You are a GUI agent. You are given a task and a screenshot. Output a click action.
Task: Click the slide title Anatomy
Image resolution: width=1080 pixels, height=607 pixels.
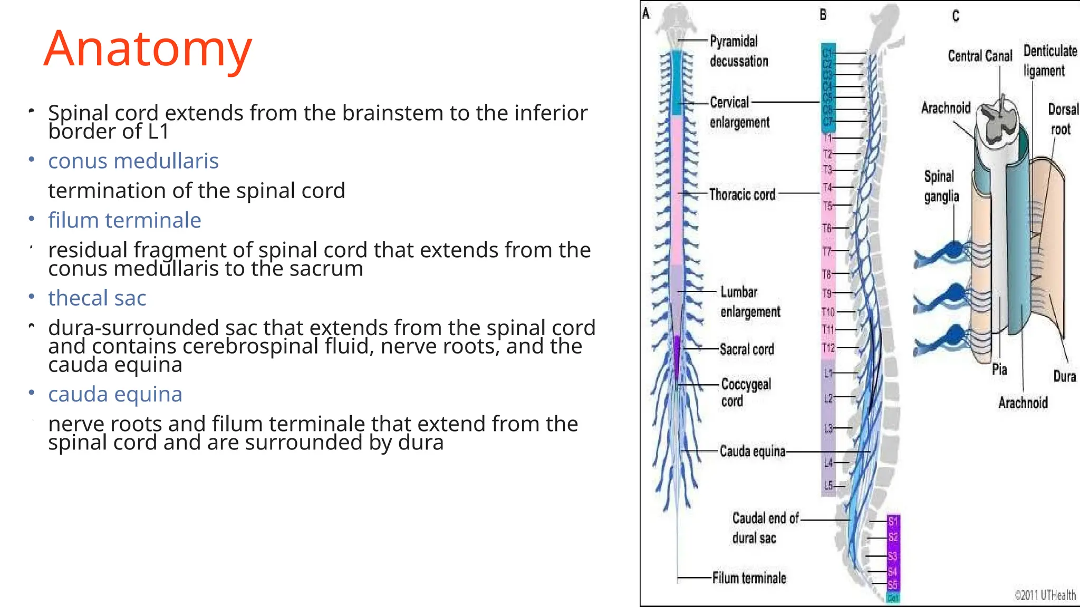coord(148,48)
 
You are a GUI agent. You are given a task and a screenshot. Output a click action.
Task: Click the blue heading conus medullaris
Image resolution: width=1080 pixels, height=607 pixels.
coord(133,161)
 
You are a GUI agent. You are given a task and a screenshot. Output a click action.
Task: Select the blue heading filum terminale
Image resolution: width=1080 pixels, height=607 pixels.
coord(124,220)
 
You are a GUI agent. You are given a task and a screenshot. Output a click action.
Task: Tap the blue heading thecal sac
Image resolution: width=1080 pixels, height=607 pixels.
coord(97,298)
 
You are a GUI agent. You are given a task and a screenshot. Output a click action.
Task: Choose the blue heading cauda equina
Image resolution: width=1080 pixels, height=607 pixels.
coord(115,394)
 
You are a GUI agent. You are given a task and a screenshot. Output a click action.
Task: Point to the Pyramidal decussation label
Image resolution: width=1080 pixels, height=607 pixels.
coord(738,51)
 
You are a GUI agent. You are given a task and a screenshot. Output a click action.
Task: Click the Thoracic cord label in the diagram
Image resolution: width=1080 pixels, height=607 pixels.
coord(742,194)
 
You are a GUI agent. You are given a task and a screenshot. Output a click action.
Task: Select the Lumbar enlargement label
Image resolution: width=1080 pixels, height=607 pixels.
coord(749,302)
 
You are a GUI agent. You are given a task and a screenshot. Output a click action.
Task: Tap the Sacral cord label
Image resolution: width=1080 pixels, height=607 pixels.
coord(747,349)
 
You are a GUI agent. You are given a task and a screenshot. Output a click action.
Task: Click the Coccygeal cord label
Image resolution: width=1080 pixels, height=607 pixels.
coord(745,393)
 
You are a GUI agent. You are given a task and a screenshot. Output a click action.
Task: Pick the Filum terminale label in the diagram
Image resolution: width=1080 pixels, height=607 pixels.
coord(749,578)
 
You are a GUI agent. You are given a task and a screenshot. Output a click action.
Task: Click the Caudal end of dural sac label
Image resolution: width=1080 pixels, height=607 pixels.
coord(765,528)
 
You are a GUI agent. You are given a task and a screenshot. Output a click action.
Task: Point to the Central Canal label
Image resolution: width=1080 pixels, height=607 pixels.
coord(980,56)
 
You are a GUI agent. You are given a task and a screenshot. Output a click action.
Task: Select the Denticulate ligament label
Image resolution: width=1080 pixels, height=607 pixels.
coord(1049,61)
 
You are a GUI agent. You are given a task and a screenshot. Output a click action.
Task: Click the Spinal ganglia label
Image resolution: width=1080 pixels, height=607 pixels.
coord(941,186)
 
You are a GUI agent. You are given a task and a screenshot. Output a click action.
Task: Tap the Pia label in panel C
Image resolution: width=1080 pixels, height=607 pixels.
coord(999,369)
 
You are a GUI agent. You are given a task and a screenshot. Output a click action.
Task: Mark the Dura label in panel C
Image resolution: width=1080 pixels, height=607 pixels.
coord(1064,376)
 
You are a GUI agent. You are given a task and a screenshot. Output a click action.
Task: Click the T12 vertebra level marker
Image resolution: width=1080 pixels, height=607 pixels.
coord(828,348)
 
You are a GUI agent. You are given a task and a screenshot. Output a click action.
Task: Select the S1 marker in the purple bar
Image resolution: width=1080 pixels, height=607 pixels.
coord(893,522)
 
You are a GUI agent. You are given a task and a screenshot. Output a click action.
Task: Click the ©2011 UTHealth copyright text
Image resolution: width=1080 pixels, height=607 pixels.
coord(1045,595)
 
